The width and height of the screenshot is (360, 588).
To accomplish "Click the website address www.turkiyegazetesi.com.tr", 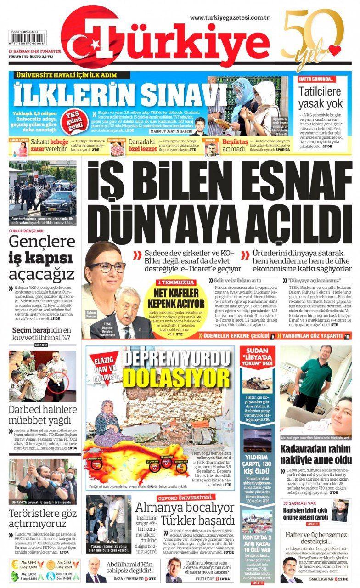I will click(x=229, y=17).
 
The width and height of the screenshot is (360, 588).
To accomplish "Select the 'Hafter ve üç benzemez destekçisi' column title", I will click(x=315, y=539).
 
